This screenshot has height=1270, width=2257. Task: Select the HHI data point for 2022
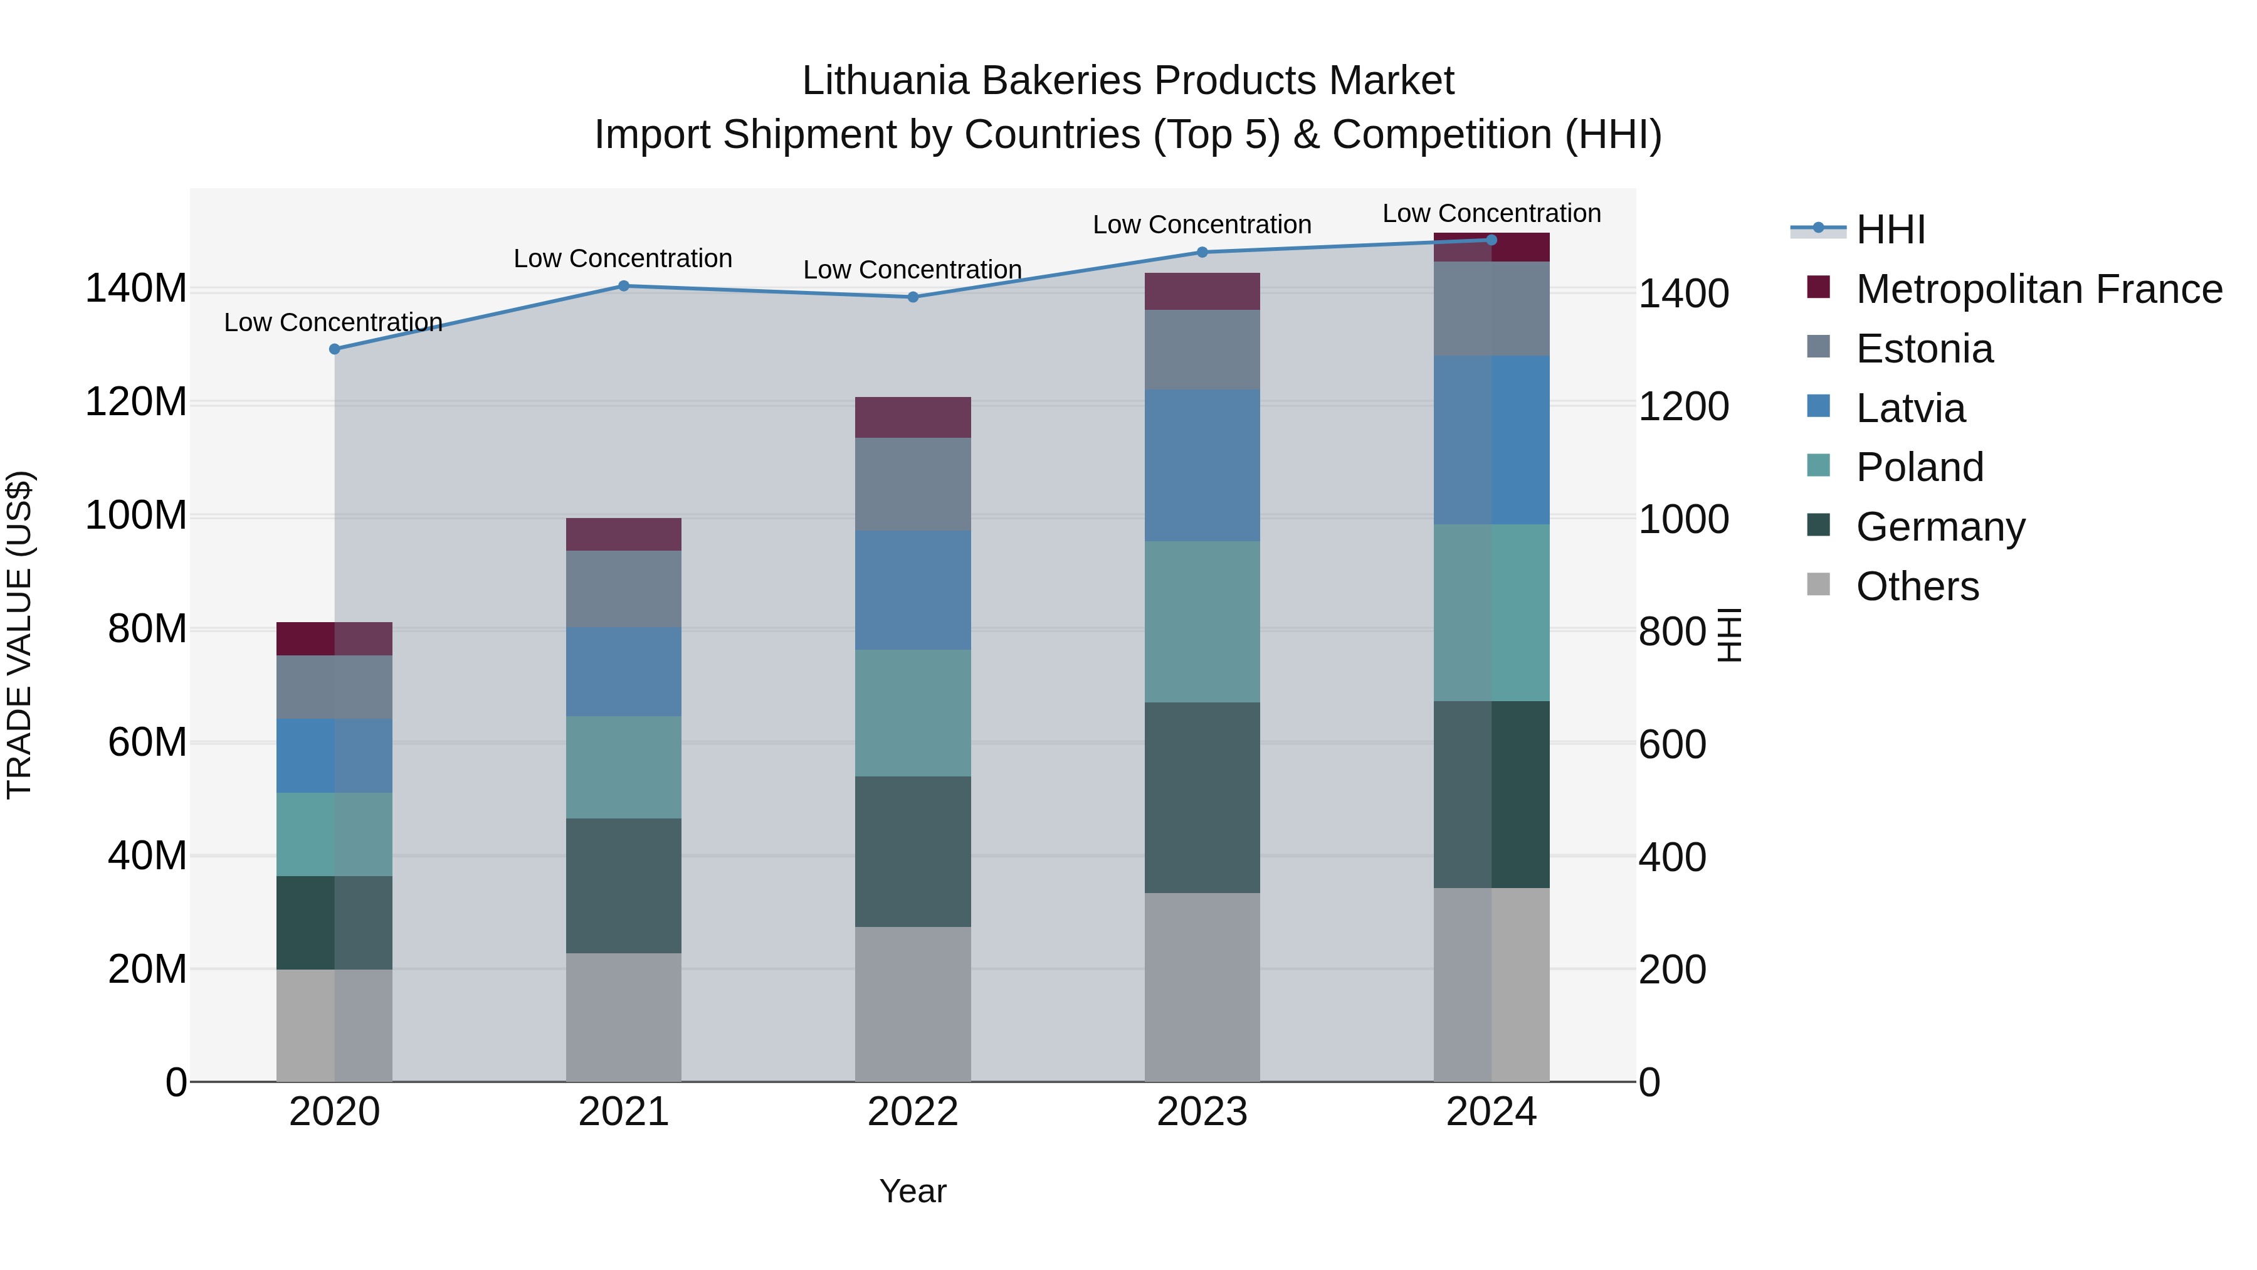pos(912,297)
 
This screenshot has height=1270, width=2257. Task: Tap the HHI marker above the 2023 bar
pos(1202,252)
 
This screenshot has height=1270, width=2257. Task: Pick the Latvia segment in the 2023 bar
pos(1202,465)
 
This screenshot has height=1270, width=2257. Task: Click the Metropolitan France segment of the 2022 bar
pos(912,417)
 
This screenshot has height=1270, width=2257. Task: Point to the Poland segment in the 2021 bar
pos(623,767)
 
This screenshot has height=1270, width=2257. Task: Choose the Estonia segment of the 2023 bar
pos(1202,350)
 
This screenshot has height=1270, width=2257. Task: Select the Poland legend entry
pos(1919,467)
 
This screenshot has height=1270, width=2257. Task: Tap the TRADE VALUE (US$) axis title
pos(19,635)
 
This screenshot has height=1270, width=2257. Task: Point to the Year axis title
pos(912,1191)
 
